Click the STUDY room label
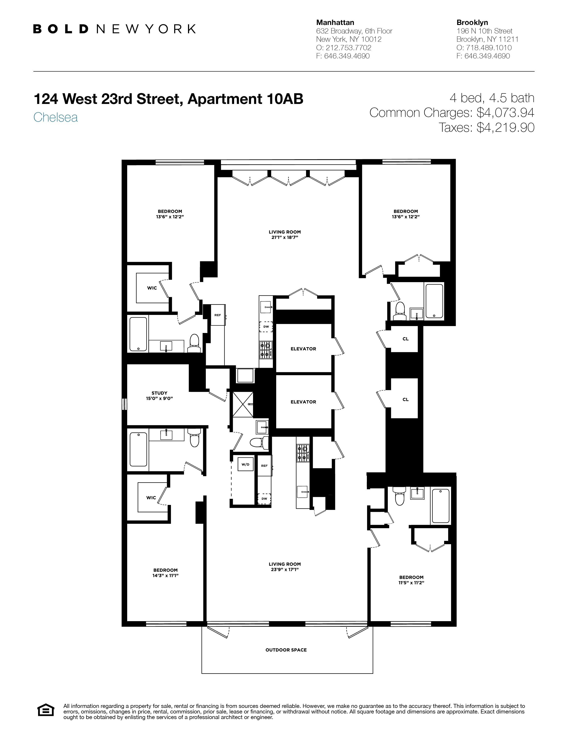[159, 393]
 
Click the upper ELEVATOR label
[303, 349]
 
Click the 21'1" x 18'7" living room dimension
[285, 238]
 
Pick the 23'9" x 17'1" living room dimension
[285, 570]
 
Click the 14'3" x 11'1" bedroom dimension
[165, 576]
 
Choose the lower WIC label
[151, 498]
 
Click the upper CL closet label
[405, 339]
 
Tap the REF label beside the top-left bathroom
[218, 315]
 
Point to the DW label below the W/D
[264, 499]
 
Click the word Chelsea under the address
[55, 117]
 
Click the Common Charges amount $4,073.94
[505, 113]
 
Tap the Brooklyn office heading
[472, 23]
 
